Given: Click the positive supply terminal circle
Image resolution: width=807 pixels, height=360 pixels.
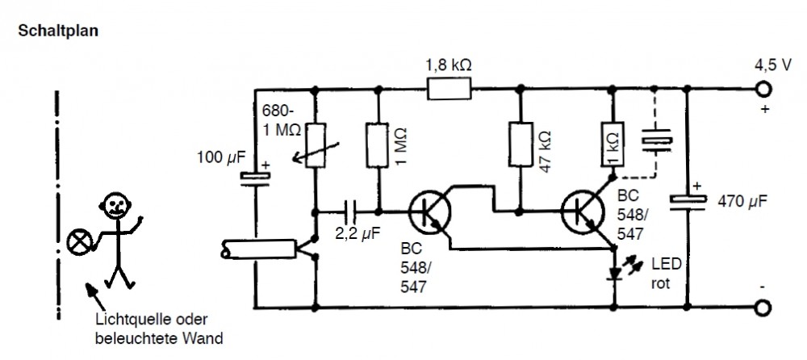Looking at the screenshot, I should tap(760, 89).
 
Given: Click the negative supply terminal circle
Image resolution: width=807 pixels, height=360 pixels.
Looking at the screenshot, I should tap(760, 308).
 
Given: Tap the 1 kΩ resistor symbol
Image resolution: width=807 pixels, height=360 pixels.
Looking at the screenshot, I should tap(611, 145).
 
